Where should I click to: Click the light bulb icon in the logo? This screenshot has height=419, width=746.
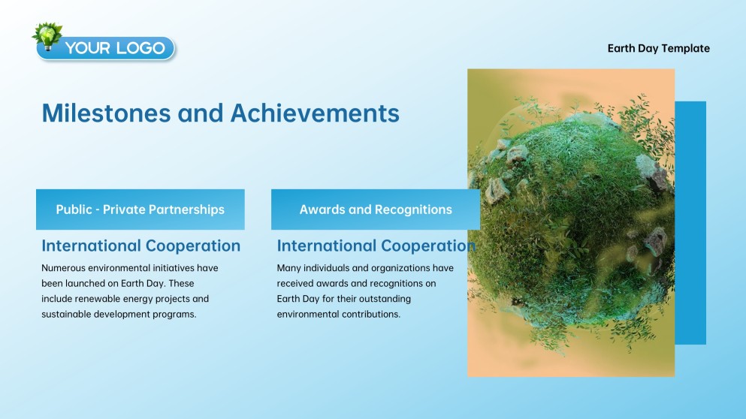click(x=47, y=36)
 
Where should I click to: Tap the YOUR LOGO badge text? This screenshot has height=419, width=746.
click(x=115, y=48)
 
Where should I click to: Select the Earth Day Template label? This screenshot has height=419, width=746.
click(x=658, y=49)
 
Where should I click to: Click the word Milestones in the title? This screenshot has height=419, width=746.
click(x=106, y=113)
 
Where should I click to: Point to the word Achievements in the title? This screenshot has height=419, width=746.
click(x=315, y=113)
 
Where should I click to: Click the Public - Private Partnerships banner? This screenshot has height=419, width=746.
click(x=140, y=209)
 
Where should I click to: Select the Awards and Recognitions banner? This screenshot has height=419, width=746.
click(x=376, y=209)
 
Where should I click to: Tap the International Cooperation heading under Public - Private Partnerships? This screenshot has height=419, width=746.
click(x=140, y=246)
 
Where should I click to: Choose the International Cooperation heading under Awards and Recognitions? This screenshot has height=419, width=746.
click(x=376, y=246)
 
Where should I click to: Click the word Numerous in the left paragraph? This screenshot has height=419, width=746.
click(x=63, y=268)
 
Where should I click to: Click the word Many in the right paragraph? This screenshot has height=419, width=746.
click(x=288, y=268)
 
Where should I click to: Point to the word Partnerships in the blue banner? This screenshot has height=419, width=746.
click(x=186, y=209)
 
